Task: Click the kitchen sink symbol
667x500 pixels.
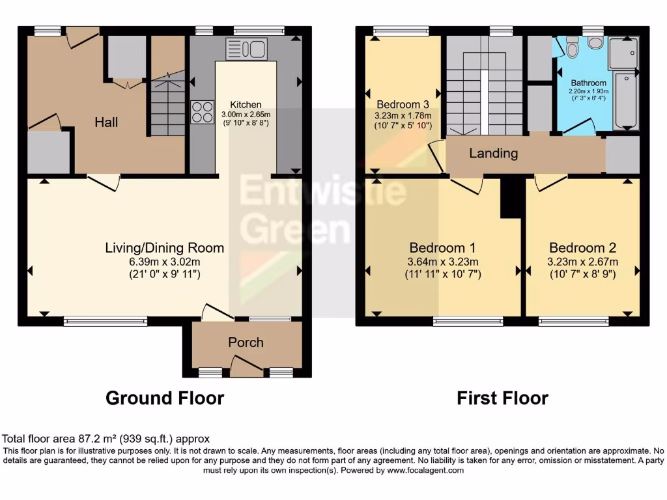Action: (246, 48)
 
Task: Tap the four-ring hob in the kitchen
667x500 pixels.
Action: (203, 111)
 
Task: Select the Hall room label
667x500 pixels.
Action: (106, 122)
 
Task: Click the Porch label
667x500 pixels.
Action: (246, 342)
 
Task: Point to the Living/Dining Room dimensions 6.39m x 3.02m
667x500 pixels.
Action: (164, 262)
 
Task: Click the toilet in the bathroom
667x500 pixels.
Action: (573, 47)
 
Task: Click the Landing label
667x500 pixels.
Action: (494, 154)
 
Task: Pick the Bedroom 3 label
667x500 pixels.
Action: (403, 104)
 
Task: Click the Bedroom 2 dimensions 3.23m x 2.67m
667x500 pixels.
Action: (582, 262)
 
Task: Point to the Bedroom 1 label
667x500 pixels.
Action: (442, 247)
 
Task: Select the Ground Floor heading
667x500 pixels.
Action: (165, 398)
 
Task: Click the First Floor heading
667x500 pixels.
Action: (502, 398)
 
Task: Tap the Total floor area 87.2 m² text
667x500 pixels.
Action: (106, 439)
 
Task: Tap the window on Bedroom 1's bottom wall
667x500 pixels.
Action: (468, 321)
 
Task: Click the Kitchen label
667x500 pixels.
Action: (246, 104)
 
